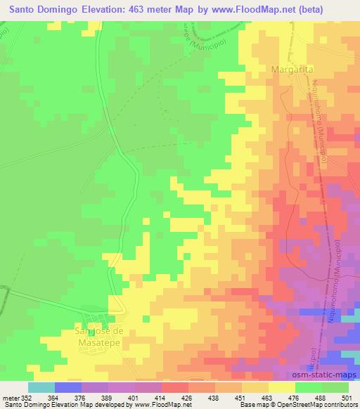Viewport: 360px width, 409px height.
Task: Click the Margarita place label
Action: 293,70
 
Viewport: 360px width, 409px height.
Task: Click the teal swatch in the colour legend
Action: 41,387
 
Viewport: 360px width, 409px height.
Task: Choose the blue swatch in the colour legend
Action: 68,387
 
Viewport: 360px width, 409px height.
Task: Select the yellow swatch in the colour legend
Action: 282,387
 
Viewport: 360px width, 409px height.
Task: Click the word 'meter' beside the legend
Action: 10,397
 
